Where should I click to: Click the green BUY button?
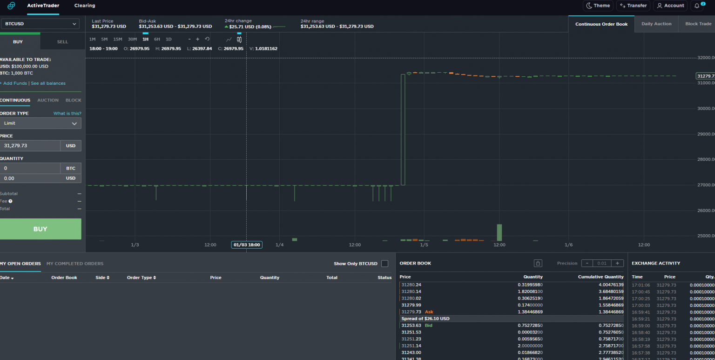pyautogui.click(x=40, y=229)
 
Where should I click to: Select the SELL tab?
pyautogui.click(x=62, y=42)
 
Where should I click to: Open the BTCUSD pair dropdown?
pyautogui.click(x=40, y=24)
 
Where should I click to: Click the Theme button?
pyautogui.click(x=598, y=6)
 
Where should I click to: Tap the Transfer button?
pyautogui.click(x=633, y=6)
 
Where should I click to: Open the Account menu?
pyautogui.click(x=670, y=6)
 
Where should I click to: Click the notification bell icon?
pyautogui.click(x=697, y=6)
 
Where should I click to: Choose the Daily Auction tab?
pyautogui.click(x=656, y=24)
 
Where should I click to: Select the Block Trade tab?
pyautogui.click(x=698, y=24)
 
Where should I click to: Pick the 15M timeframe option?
pyautogui.click(x=118, y=40)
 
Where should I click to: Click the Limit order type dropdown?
pyautogui.click(x=40, y=123)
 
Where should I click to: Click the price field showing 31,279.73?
pyautogui.click(x=30, y=146)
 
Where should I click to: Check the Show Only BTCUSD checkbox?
pyautogui.click(x=384, y=264)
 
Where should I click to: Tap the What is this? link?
pyautogui.click(x=67, y=114)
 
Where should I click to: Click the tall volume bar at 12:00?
pyautogui.click(x=499, y=232)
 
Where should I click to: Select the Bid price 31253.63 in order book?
pyautogui.click(x=411, y=326)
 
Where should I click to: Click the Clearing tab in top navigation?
pyautogui.click(x=85, y=6)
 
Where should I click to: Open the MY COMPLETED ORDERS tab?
pyautogui.click(x=75, y=264)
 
